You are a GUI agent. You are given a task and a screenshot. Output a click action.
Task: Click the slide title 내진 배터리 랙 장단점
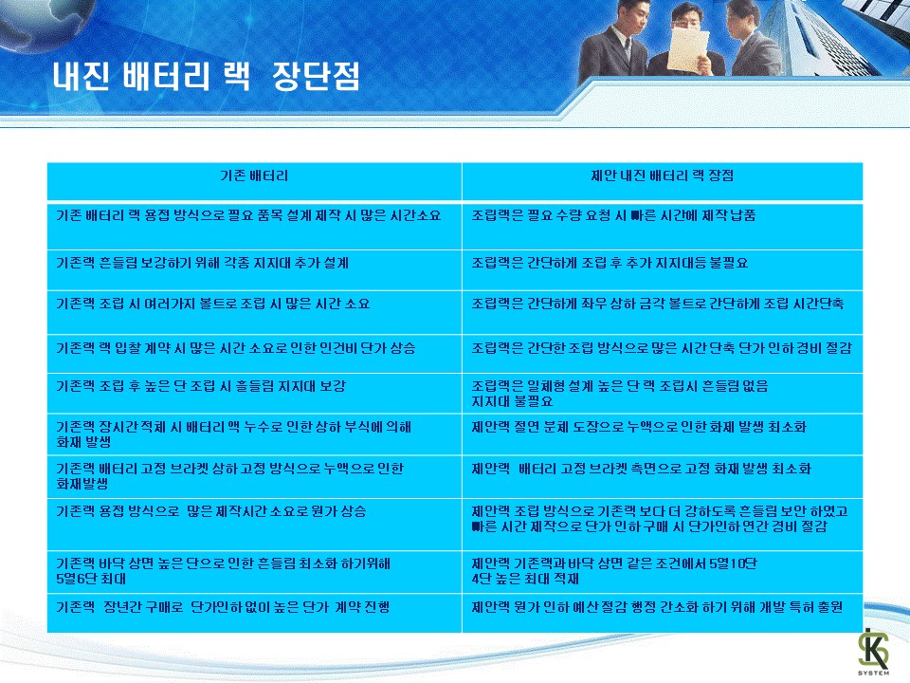click(x=206, y=76)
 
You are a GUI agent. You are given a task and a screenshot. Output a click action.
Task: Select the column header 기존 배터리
click(x=254, y=175)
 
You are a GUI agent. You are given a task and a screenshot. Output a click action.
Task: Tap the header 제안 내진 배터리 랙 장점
click(x=663, y=175)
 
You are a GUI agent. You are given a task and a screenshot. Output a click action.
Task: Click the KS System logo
click(x=873, y=652)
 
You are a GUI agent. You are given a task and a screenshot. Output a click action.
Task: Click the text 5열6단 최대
click(x=91, y=579)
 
